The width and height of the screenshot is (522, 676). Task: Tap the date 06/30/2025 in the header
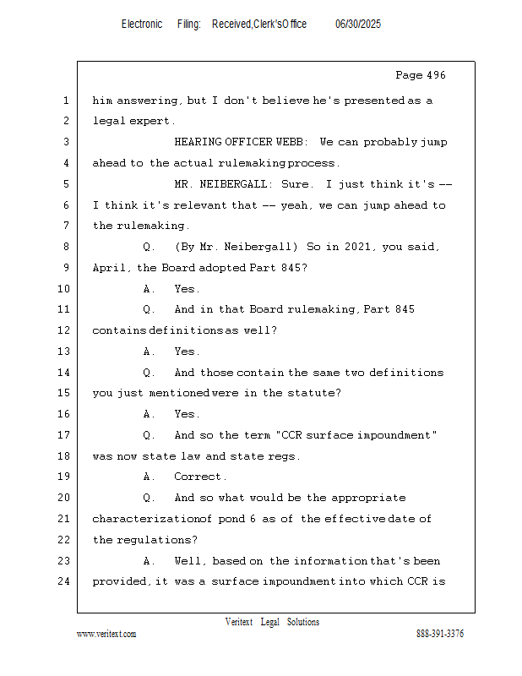pyautogui.click(x=358, y=25)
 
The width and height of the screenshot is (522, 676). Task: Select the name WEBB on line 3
pyautogui.click(x=290, y=142)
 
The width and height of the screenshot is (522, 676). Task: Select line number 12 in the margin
pyautogui.click(x=64, y=330)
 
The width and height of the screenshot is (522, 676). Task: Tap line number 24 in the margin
pyautogui.click(x=64, y=581)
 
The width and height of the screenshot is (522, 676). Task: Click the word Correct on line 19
pyautogui.click(x=198, y=477)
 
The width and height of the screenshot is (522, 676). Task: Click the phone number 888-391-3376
pyautogui.click(x=440, y=634)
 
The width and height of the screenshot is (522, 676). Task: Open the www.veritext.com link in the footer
pyautogui.click(x=106, y=634)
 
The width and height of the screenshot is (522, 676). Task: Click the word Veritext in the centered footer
pyautogui.click(x=239, y=622)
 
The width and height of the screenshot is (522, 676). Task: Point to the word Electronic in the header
pyautogui.click(x=142, y=25)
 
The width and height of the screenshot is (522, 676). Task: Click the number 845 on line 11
pyautogui.click(x=405, y=309)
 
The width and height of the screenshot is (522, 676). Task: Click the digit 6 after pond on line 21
pyautogui.click(x=253, y=519)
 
